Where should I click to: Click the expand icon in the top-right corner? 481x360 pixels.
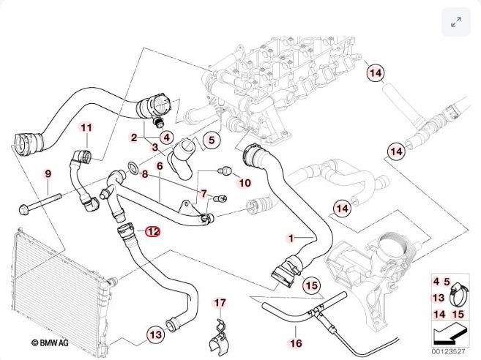click(x=456, y=23)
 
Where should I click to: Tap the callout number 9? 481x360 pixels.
click(x=49, y=173)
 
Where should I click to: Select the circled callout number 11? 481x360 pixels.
click(x=87, y=129)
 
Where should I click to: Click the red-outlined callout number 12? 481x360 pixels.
click(x=152, y=231)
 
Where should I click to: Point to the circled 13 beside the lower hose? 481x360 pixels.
click(x=155, y=335)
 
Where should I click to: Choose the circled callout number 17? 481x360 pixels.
click(x=220, y=303)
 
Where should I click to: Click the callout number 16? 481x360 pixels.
click(x=296, y=342)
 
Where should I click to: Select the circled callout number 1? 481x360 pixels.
click(x=291, y=239)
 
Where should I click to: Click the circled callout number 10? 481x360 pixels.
click(x=245, y=182)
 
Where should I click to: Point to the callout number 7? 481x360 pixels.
click(x=204, y=193)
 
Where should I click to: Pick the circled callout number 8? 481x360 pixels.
click(x=145, y=174)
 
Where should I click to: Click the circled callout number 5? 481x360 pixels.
click(x=209, y=138)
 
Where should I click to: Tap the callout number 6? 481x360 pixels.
click(x=159, y=167)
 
